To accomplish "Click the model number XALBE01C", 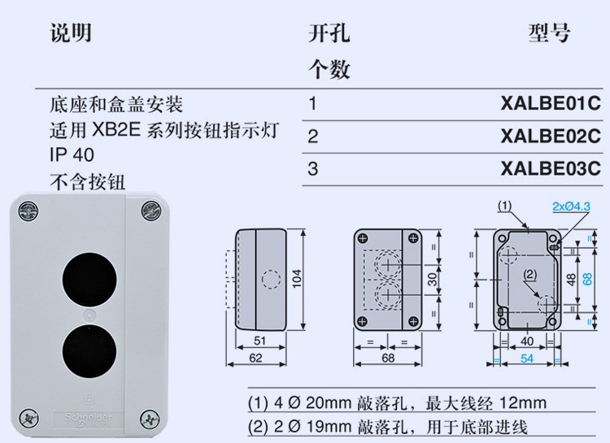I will [x=550, y=104].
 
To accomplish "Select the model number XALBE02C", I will [x=550, y=137].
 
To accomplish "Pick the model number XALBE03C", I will [x=550, y=169].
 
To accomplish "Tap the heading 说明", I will [x=70, y=33].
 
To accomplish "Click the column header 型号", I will [x=549, y=33].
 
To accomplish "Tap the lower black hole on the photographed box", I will [x=87, y=348].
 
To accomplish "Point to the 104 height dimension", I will [x=297, y=280].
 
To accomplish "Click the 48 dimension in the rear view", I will [x=572, y=280].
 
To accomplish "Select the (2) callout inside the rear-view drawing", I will [x=530, y=275].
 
